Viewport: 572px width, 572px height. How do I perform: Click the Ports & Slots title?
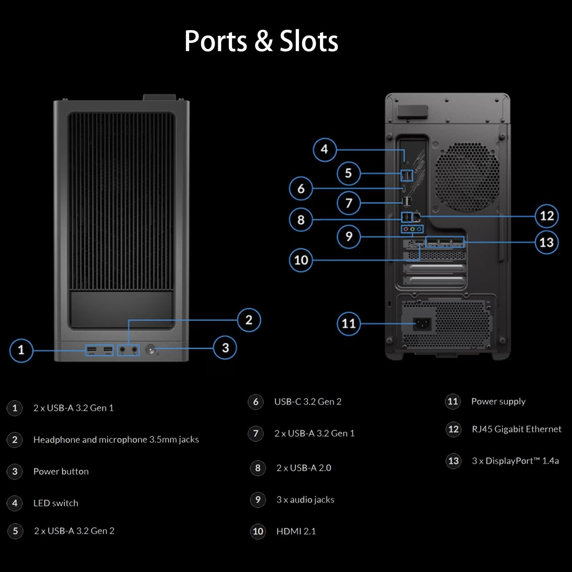(261, 41)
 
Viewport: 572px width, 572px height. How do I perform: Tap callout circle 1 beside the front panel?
(21, 350)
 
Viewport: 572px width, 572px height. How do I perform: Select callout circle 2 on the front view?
(249, 320)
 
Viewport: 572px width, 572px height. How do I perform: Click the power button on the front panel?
(151, 350)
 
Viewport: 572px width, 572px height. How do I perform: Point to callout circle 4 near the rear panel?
(325, 149)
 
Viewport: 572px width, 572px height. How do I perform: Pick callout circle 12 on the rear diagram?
(546, 216)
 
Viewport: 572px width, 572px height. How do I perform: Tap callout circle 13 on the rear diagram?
(546, 242)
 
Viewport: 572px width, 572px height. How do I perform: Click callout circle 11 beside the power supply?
(349, 324)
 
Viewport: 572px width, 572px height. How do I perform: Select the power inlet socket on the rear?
(423, 324)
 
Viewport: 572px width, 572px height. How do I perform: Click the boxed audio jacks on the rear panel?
(412, 229)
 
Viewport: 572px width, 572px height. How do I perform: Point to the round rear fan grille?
(467, 177)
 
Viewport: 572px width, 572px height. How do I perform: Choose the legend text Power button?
(61, 471)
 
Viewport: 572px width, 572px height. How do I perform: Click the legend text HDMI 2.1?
(296, 531)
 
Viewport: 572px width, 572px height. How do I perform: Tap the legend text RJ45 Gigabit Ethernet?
(517, 429)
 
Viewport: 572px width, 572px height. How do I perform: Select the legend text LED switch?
(56, 503)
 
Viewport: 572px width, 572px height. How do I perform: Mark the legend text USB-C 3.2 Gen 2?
(308, 402)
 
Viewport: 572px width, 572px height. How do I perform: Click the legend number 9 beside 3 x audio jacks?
(258, 500)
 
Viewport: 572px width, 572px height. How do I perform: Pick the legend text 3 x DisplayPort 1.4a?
(516, 461)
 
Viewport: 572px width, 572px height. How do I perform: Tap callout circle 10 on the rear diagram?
(301, 260)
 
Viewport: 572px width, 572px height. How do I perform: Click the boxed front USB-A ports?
(99, 350)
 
